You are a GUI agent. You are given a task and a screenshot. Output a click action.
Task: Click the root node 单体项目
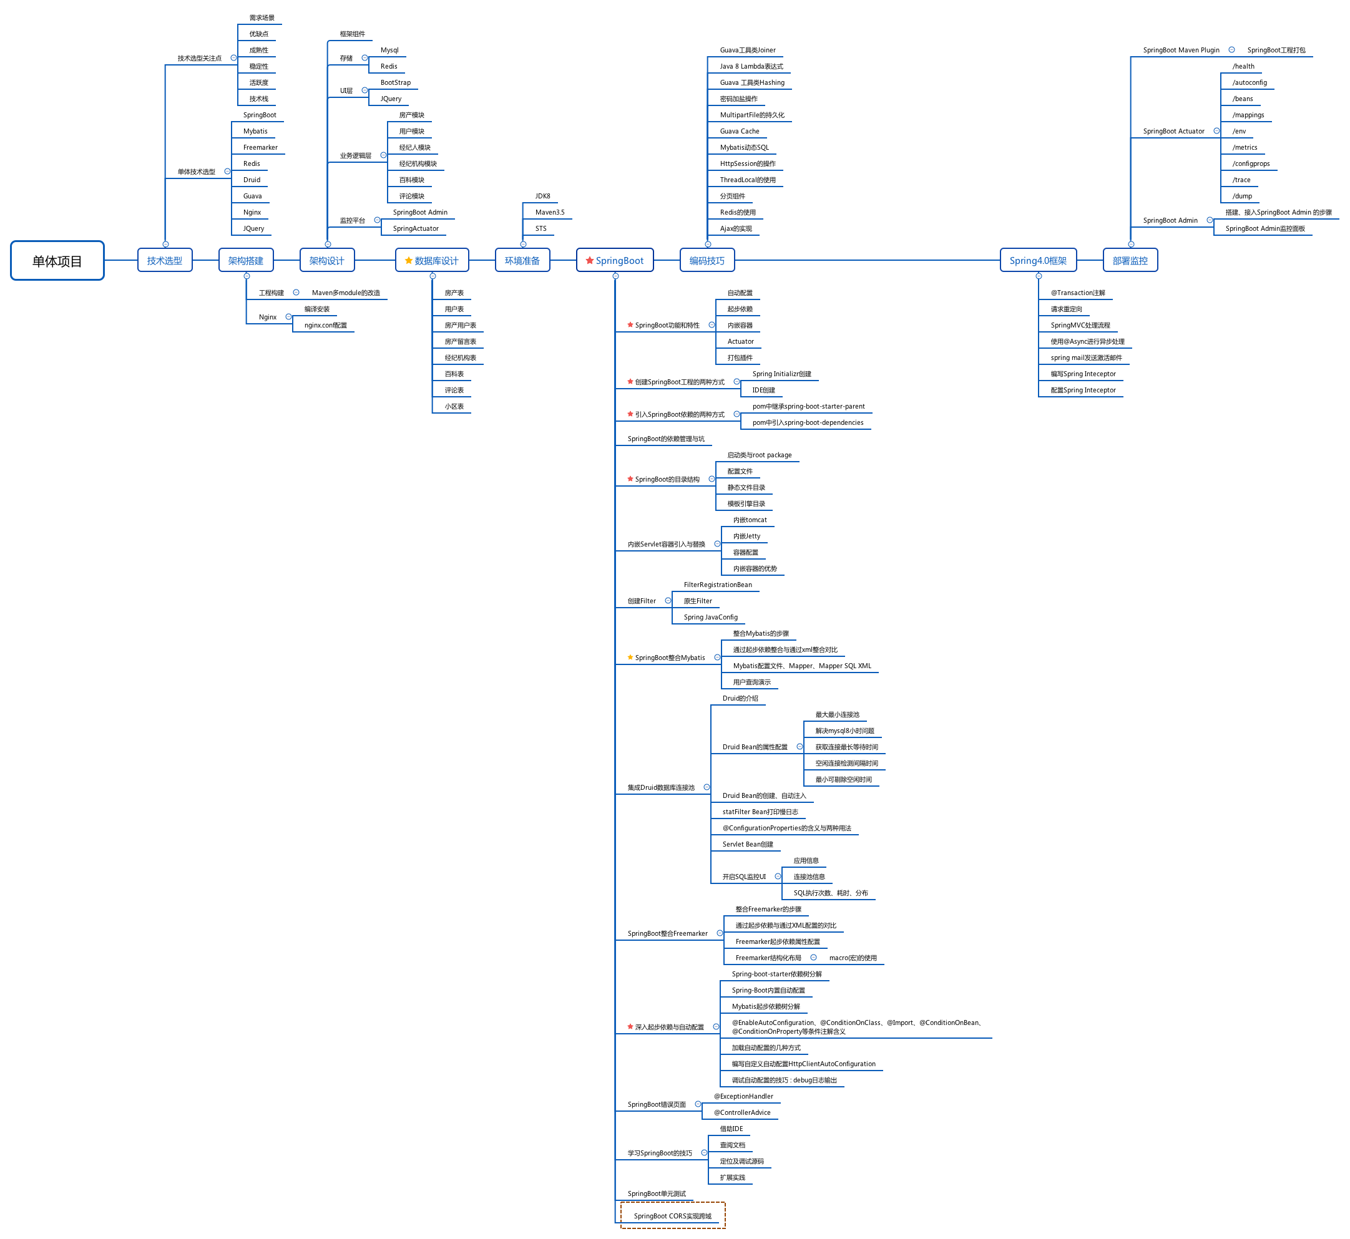coord(57,261)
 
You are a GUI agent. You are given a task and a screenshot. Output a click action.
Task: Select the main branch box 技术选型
coord(165,260)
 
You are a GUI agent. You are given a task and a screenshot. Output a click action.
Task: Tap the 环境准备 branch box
coord(522,260)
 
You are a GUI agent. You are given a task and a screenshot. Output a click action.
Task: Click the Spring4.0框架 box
coord(1038,260)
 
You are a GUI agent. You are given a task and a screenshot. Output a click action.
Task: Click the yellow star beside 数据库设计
coord(408,260)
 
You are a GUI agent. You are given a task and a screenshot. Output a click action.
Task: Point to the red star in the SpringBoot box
coord(589,260)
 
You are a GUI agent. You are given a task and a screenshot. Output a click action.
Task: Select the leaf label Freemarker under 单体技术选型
coord(260,147)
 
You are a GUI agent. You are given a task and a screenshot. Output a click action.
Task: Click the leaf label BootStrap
coord(396,82)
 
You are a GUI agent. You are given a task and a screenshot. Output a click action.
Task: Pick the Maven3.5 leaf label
coord(550,213)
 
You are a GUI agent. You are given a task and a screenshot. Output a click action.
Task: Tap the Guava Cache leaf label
coord(740,132)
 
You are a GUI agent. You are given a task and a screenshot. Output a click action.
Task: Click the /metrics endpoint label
coord(1245,147)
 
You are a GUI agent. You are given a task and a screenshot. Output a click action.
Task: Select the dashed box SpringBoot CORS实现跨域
coord(673,1215)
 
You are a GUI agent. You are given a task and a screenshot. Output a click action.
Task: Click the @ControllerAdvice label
coord(742,1112)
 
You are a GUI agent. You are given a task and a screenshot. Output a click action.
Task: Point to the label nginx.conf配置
coord(326,325)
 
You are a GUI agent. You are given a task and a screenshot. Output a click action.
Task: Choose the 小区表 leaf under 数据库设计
coord(454,406)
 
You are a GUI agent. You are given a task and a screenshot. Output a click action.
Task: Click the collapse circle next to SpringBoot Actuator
coord(1216,131)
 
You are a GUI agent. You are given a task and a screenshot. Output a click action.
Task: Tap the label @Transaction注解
coord(1078,293)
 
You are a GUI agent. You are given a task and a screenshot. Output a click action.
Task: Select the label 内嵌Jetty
coord(746,537)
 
